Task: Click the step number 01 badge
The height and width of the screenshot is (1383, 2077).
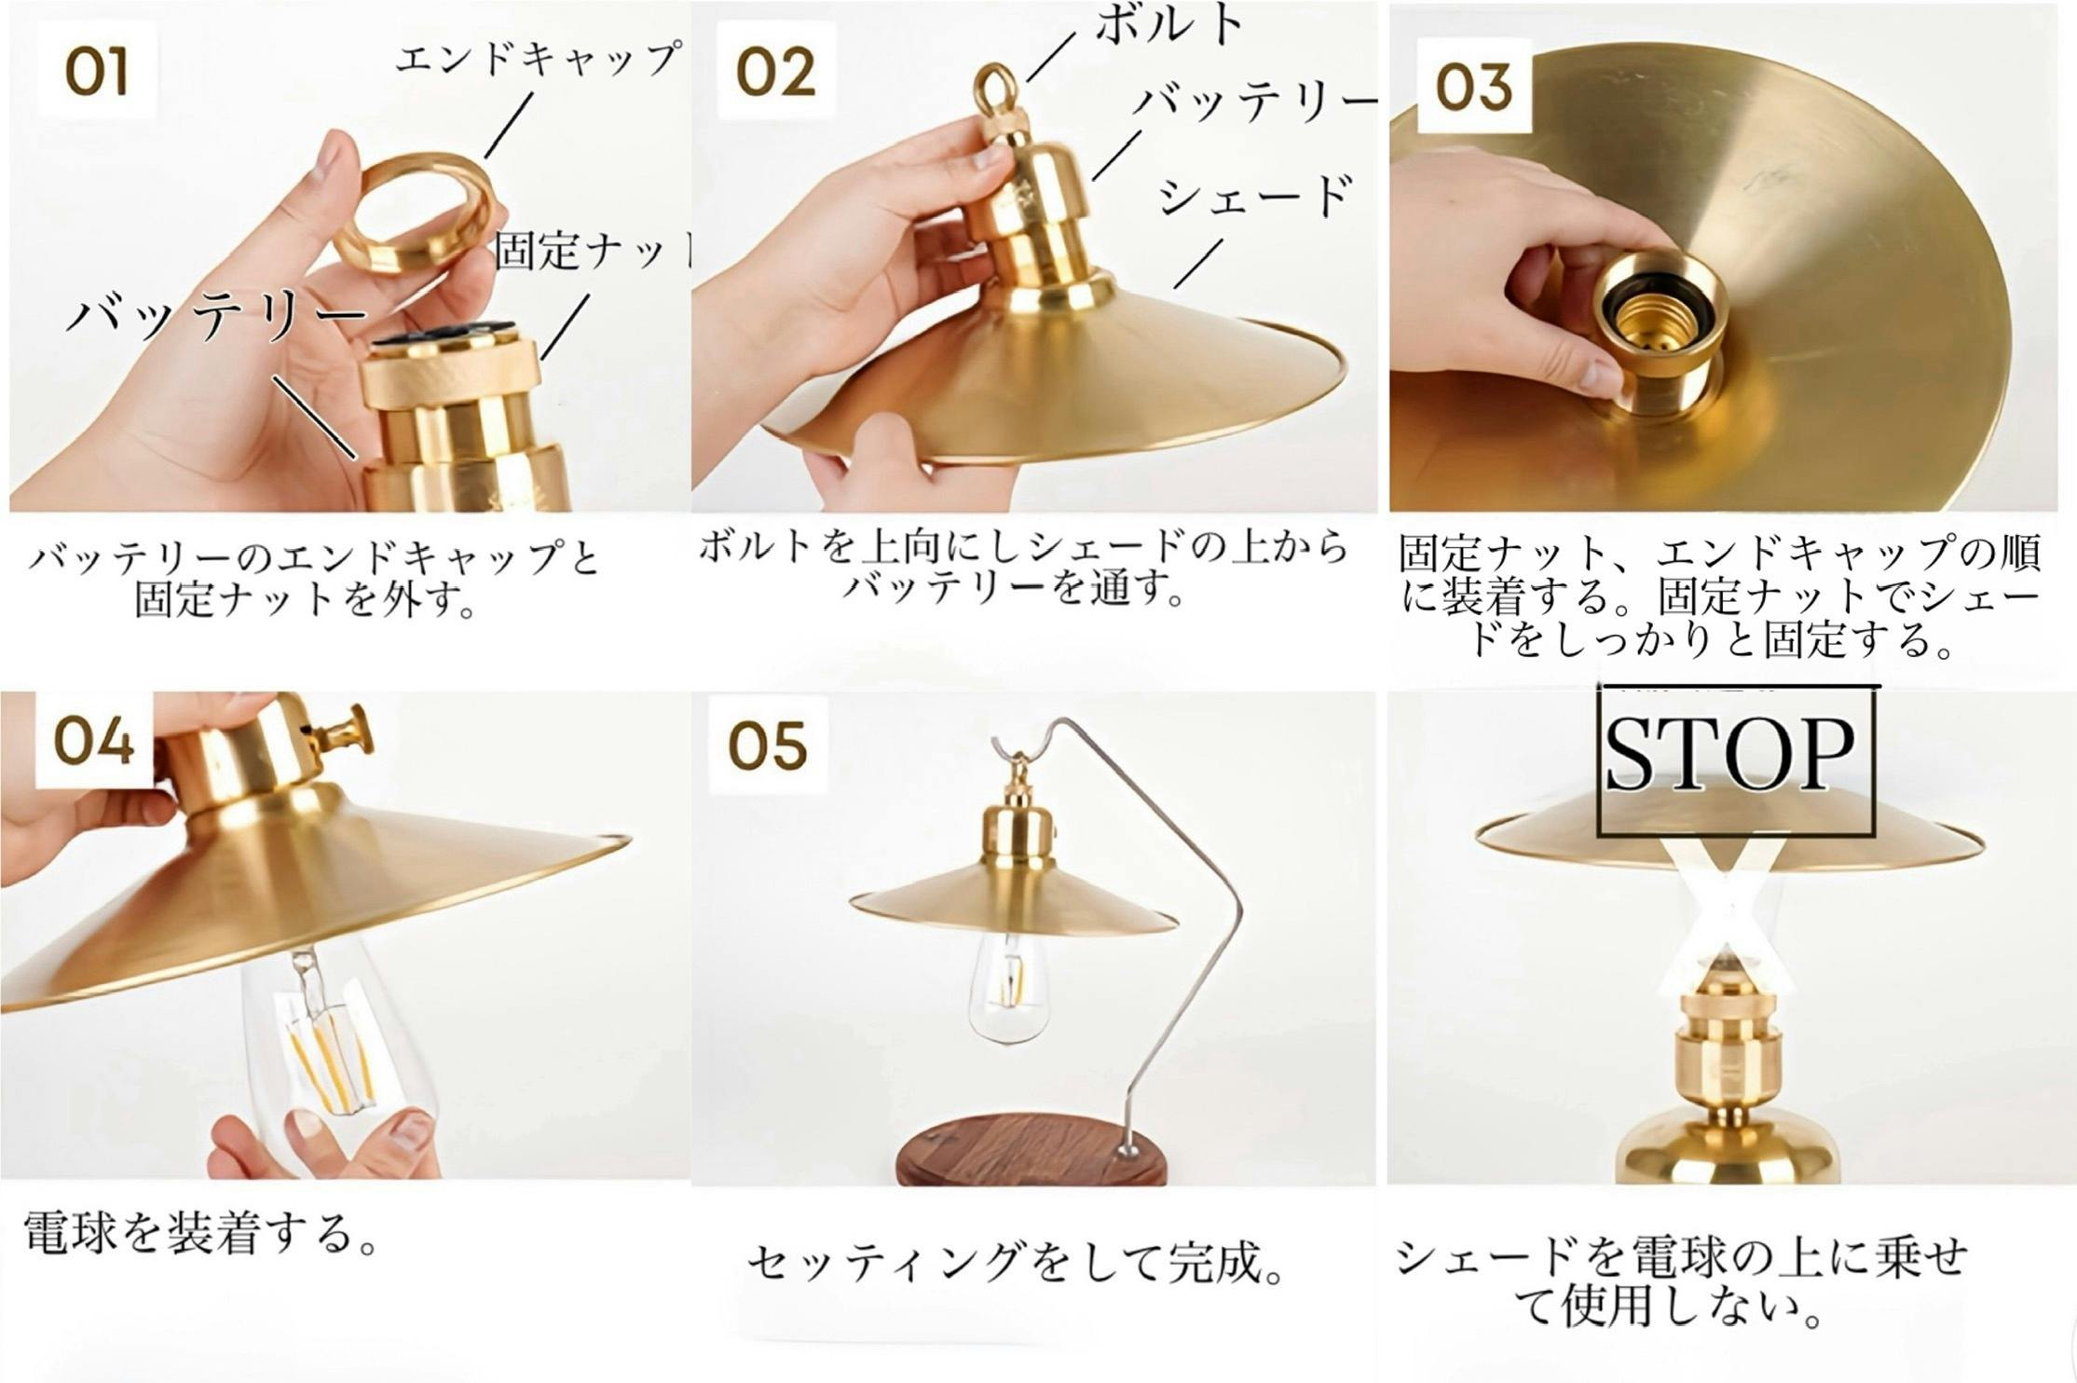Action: pyautogui.click(x=96, y=73)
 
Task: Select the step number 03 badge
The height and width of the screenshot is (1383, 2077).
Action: pyautogui.click(x=1473, y=86)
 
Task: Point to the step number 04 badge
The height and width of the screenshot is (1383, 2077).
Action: pyautogui.click(x=94, y=742)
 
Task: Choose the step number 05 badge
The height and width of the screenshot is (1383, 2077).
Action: pyautogui.click(x=768, y=746)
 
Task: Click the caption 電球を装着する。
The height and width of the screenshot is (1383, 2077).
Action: pyautogui.click(x=200, y=1232)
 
